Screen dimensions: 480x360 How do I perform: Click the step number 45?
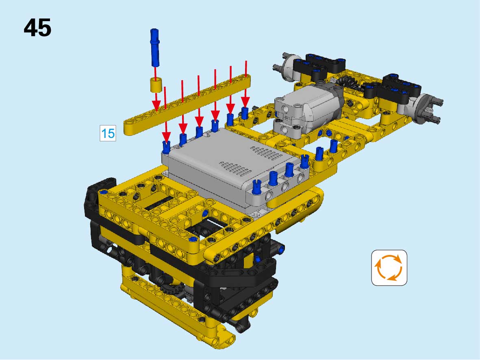[37, 28]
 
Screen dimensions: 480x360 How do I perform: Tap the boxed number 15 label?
[108, 133]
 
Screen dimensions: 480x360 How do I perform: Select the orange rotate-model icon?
[389, 268]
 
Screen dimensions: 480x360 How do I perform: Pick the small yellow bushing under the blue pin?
[156, 85]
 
